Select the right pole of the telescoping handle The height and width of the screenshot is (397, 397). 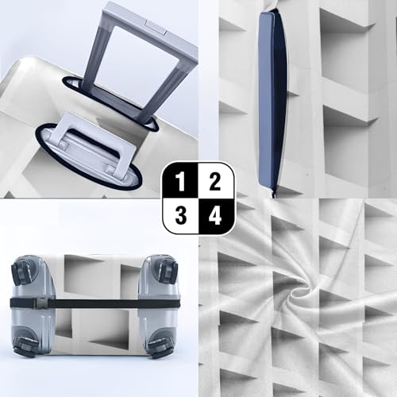163,87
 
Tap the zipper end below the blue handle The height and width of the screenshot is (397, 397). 274,191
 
